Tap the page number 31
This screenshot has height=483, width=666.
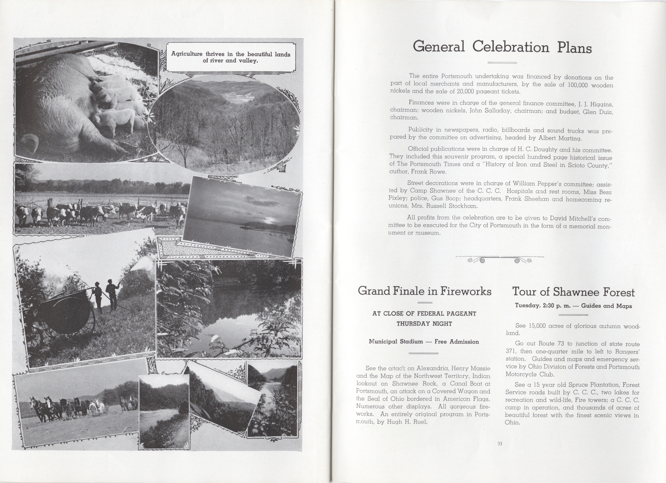pos(500,444)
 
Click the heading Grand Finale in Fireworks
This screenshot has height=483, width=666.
pos(424,291)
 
